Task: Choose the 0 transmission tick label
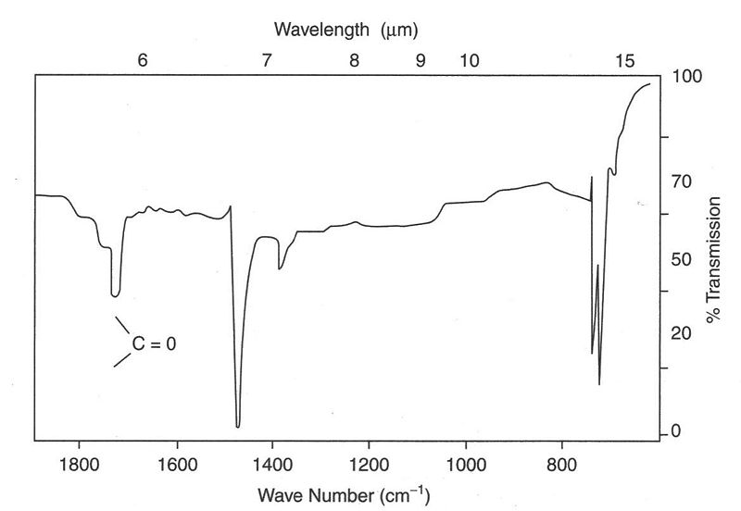[x=676, y=431]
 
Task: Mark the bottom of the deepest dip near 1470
[x=238, y=426]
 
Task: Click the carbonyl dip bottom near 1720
[x=115, y=295]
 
